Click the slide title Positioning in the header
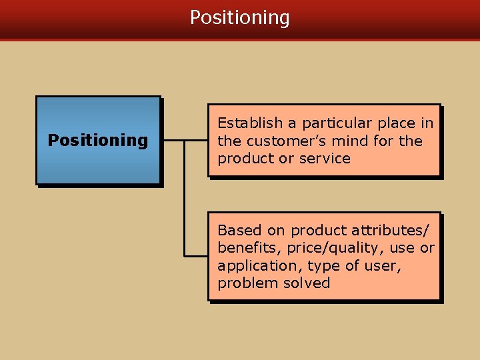click(x=240, y=17)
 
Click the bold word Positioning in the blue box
click(x=98, y=141)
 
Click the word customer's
click(x=276, y=141)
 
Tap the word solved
click(x=306, y=283)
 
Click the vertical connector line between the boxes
click(x=184, y=200)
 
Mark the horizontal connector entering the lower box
click(x=196, y=255)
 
